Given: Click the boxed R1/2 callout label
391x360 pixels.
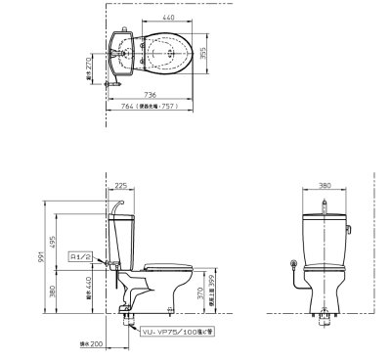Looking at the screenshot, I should tap(80, 255).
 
